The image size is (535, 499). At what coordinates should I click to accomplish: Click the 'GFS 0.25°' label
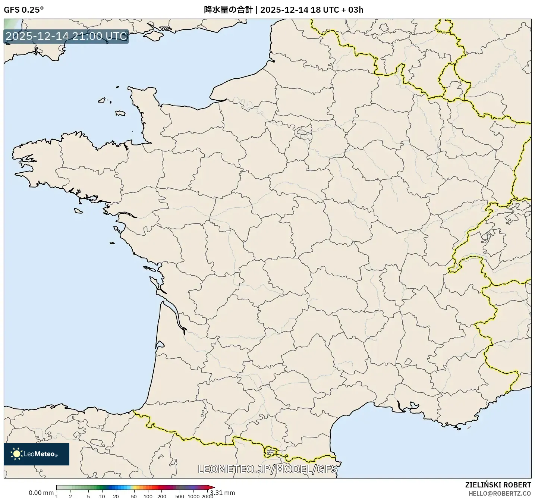point(23,10)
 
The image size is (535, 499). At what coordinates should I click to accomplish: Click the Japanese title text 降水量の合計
point(229,10)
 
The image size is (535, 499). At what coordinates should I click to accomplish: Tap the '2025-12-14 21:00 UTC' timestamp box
point(66,36)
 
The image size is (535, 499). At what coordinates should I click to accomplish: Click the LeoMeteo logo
point(37,454)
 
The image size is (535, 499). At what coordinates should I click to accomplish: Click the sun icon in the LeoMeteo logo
point(16,454)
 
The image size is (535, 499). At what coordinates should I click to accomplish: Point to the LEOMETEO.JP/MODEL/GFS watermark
point(267,469)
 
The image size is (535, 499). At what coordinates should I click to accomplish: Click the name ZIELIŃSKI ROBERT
point(498,485)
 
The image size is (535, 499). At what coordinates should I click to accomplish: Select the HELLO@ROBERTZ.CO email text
point(500,493)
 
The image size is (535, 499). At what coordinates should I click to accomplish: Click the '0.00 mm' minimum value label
point(41,493)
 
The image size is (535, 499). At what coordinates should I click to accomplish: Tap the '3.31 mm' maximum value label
point(223,493)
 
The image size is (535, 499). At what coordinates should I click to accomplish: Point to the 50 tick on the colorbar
point(134,496)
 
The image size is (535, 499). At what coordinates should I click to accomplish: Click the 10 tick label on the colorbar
point(102,496)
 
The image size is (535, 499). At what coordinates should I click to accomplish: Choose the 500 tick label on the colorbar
point(180,496)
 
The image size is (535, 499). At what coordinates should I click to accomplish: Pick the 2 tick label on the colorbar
point(70,496)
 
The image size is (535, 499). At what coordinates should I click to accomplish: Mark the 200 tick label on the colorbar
point(162,496)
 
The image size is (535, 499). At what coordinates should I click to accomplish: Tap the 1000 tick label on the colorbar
point(193,496)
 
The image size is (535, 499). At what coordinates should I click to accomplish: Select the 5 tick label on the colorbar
point(88,496)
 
